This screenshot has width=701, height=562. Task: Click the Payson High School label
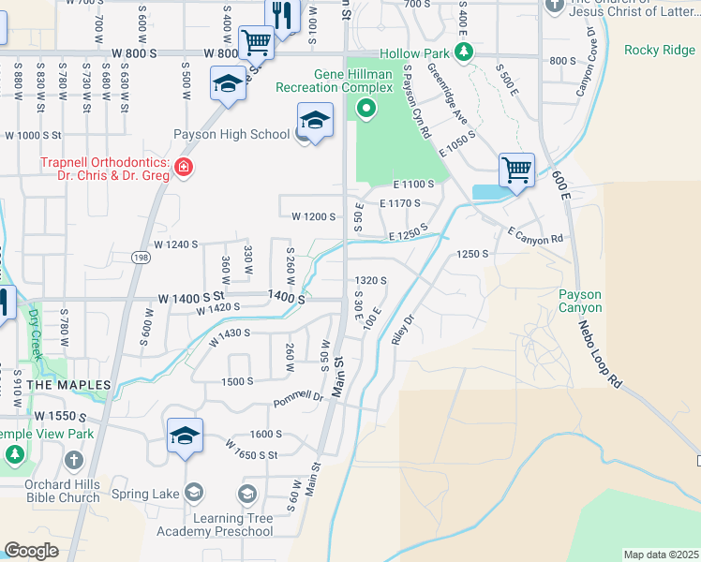[231, 134]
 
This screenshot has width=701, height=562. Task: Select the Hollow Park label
[413, 55]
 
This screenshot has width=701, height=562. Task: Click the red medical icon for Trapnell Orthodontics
[184, 169]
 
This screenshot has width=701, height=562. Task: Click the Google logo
[32, 551]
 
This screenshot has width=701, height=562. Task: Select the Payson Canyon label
[580, 301]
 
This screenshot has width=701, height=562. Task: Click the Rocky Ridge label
[659, 50]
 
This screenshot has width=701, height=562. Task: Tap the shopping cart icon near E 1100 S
[515, 170]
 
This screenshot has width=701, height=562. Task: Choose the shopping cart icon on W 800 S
[255, 42]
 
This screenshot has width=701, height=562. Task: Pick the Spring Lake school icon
[194, 491]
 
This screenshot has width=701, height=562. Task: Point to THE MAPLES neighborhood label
[68, 385]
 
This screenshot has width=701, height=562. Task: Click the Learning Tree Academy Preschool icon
[247, 494]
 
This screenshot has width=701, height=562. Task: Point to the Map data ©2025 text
[661, 555]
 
